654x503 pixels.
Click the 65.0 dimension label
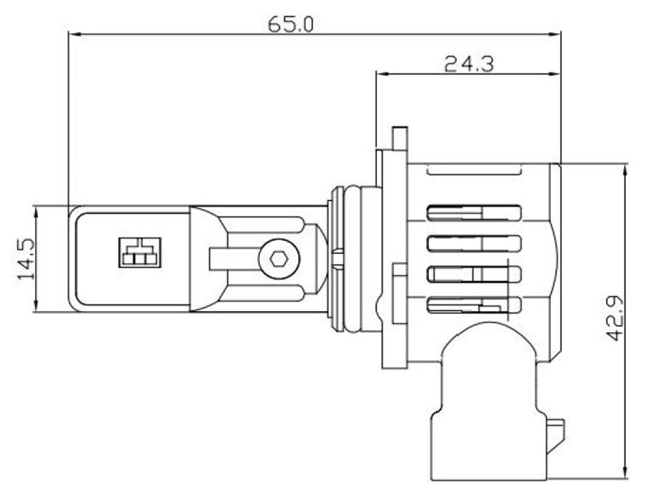[290, 24]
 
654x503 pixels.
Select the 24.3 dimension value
[468, 65]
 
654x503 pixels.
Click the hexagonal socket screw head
[278, 259]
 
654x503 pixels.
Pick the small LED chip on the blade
[140, 252]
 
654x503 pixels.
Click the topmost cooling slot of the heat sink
[474, 212]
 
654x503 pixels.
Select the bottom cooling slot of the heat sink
[474, 305]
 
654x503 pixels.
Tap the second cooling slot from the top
[474, 243]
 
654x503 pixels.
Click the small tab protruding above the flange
[400, 137]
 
